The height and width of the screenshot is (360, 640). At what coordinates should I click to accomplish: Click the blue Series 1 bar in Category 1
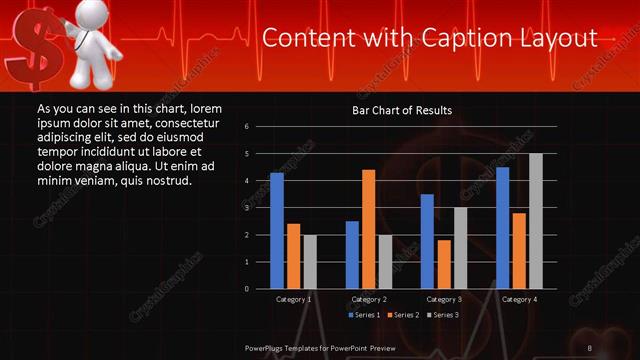[277, 231]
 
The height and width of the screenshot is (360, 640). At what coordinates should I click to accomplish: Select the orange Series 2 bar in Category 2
[368, 229]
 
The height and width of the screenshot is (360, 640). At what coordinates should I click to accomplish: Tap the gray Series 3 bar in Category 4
[535, 221]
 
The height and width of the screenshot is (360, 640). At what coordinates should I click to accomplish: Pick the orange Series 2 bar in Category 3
[443, 264]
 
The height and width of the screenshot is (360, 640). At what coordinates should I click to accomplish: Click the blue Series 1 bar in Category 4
[502, 228]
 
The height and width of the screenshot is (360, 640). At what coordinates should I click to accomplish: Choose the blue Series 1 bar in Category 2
[352, 255]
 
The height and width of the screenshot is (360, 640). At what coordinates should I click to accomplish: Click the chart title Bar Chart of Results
[403, 110]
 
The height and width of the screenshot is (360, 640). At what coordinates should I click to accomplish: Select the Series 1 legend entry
[363, 315]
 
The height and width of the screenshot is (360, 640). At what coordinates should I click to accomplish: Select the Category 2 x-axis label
[369, 299]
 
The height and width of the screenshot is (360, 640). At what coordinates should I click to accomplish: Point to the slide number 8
[590, 347]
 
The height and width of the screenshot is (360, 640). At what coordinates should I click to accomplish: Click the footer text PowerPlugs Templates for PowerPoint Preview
[319, 347]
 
